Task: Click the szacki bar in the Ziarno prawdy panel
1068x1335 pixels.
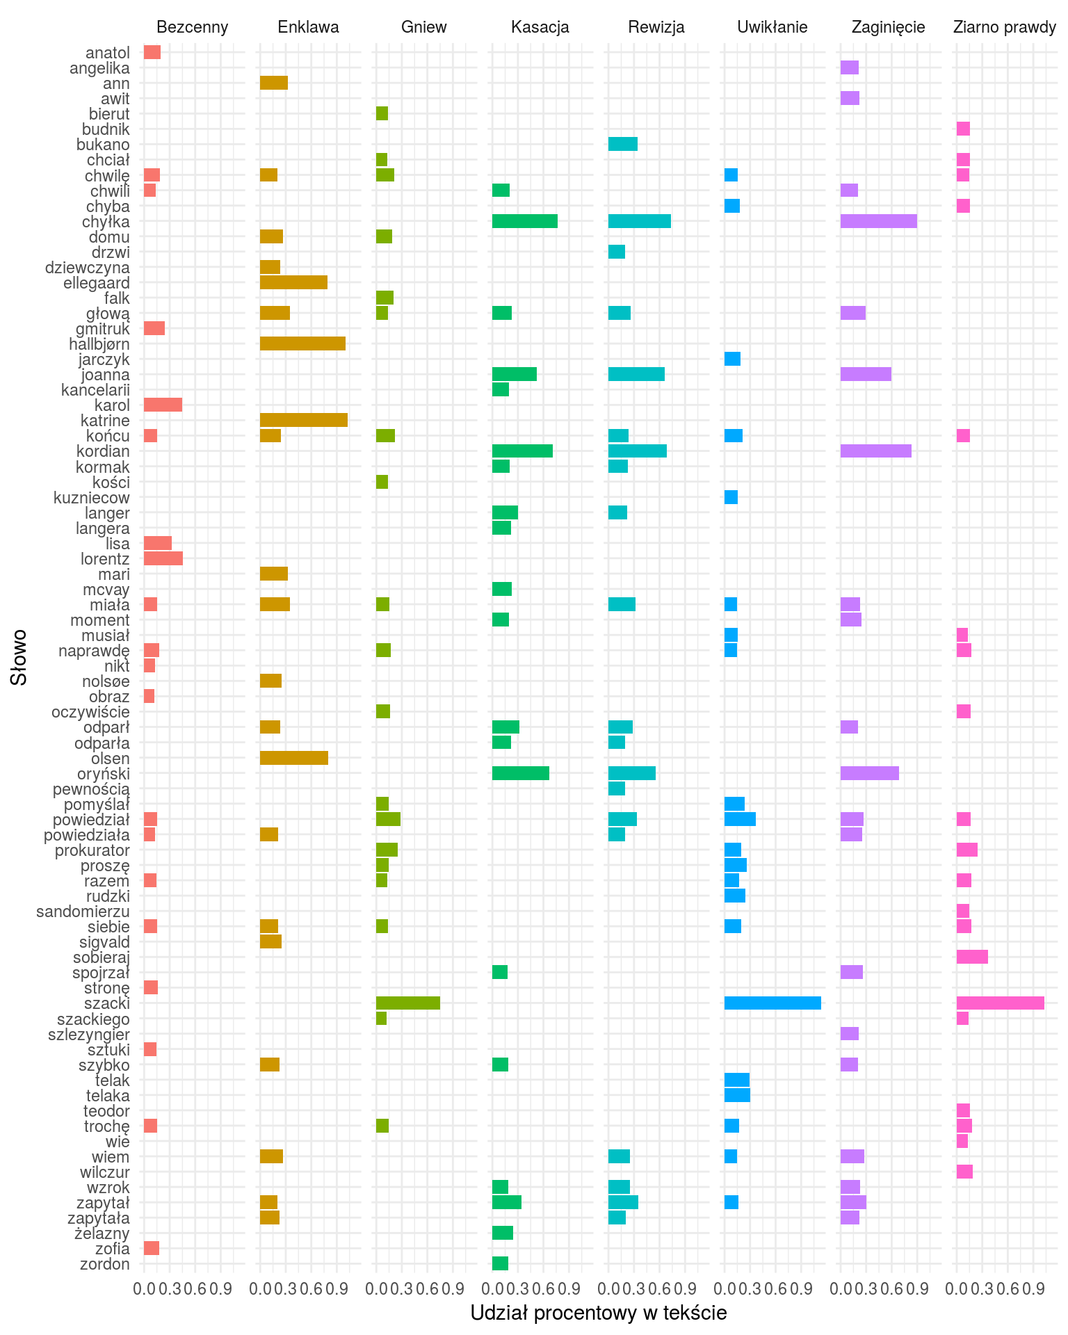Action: point(1000,1003)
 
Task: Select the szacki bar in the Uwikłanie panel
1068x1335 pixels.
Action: point(772,1003)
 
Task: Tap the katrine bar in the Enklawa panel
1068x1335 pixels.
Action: point(303,420)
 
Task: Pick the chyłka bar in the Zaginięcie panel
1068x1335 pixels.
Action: point(878,221)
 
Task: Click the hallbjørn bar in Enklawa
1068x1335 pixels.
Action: point(302,343)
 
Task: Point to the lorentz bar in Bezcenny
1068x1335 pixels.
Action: point(163,558)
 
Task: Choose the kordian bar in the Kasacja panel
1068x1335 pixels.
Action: point(522,451)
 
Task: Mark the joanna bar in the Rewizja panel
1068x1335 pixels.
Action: point(636,374)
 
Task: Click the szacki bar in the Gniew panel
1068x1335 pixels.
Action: point(408,1003)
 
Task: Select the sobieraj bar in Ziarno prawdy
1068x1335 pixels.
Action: point(972,957)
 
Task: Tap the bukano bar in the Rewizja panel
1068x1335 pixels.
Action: point(622,144)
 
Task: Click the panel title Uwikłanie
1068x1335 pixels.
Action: point(772,27)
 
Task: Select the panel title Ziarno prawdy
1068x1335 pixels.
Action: point(1005,27)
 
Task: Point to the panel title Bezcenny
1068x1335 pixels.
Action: point(193,27)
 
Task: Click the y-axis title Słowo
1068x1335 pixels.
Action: point(19,657)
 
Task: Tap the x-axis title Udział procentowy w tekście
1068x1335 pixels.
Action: point(599,1313)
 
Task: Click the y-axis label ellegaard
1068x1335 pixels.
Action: point(97,283)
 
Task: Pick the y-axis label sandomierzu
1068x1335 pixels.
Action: point(83,911)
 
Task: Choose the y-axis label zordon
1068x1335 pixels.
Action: point(105,1263)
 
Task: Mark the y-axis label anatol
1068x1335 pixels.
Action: point(108,53)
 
